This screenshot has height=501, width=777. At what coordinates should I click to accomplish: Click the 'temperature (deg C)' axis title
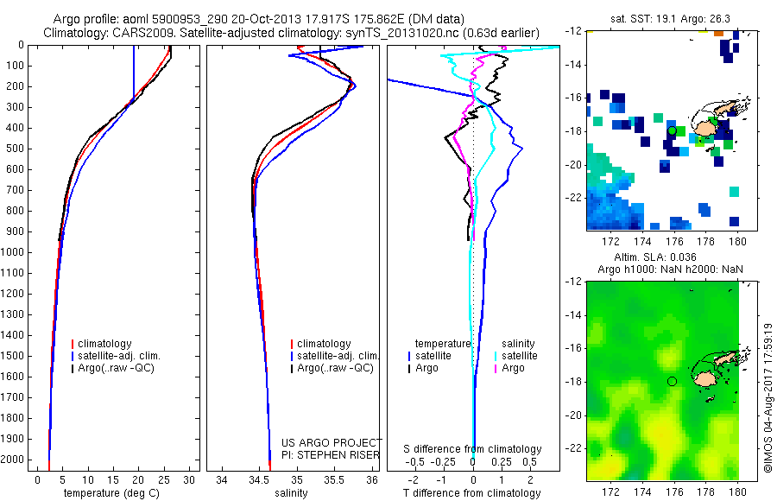(x=111, y=493)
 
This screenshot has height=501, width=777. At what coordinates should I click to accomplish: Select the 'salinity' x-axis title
(x=291, y=493)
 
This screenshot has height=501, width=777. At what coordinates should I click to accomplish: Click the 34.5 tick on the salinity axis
(x=259, y=478)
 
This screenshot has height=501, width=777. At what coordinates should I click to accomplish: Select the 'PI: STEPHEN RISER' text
(x=331, y=454)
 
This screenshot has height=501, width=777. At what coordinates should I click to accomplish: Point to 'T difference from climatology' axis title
(x=473, y=493)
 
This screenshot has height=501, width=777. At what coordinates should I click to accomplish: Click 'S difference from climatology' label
(x=473, y=449)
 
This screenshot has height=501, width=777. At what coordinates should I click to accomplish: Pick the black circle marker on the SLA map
(x=672, y=381)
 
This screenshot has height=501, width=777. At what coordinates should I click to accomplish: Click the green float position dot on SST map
(x=672, y=130)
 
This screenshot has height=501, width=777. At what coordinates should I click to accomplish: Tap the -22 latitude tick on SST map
(x=573, y=198)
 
